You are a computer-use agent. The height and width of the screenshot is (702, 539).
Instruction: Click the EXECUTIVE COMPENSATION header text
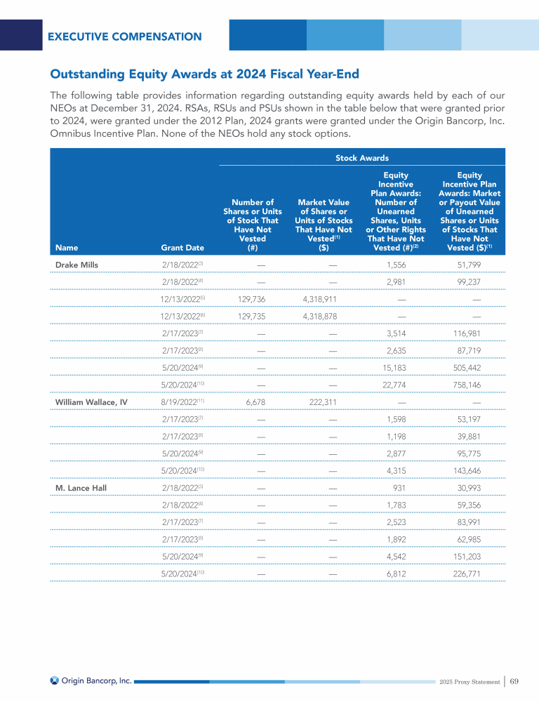click(125, 37)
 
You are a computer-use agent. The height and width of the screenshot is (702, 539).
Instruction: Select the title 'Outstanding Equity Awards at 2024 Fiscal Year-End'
click(204, 74)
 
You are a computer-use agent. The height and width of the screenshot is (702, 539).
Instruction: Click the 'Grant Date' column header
click(182, 247)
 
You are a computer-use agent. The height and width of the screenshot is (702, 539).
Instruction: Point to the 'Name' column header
click(67, 247)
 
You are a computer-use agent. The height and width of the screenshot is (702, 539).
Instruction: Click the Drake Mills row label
click(76, 264)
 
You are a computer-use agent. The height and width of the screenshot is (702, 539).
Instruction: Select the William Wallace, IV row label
click(91, 402)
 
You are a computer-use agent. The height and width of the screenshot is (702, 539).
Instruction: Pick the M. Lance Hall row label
click(81, 487)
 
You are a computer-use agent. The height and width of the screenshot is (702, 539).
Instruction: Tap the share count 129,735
click(251, 316)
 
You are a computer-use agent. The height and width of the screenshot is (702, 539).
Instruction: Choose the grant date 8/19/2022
click(180, 402)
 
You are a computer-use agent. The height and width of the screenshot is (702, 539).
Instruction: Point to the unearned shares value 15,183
click(397, 367)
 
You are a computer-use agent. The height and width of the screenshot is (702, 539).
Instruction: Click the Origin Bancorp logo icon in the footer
click(54, 680)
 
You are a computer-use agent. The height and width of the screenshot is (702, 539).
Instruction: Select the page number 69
click(514, 681)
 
